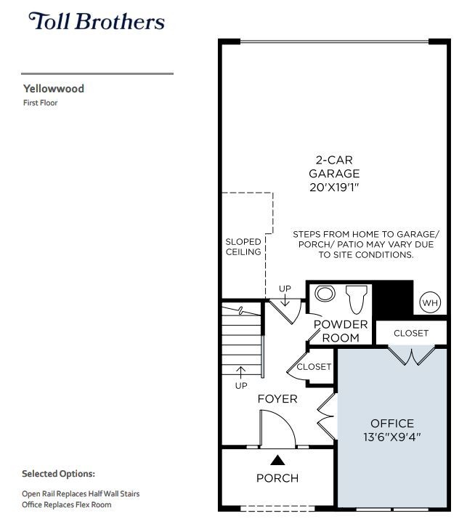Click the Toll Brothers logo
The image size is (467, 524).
tap(97, 21)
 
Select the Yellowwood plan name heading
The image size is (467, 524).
tap(54, 89)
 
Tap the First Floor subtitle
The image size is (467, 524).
tap(40, 103)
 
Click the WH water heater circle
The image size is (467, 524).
tap(429, 303)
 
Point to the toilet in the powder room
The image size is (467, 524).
tap(357, 299)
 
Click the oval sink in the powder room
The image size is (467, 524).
tap(325, 294)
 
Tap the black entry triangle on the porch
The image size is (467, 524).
tap(277, 460)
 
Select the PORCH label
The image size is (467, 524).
tap(277, 478)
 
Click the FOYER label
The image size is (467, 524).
tap(277, 399)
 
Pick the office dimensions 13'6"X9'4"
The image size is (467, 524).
tap(392, 437)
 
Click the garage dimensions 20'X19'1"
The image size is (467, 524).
tap(334, 188)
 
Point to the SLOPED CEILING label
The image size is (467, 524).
tap(243, 246)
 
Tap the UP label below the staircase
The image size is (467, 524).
tap(241, 386)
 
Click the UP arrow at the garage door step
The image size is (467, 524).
tap(285, 299)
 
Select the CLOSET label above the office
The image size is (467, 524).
tap(411, 333)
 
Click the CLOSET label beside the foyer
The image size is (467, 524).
tap(314, 367)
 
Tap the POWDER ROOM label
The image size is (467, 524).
tap(341, 331)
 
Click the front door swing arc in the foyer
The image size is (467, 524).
tap(283, 422)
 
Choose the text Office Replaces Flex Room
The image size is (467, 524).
tap(67, 504)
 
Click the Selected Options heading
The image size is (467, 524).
tap(58, 474)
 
